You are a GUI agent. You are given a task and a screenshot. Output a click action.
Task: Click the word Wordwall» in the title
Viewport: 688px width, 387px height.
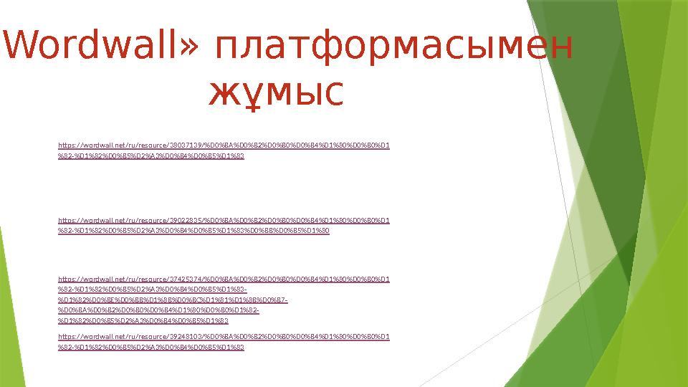(100, 47)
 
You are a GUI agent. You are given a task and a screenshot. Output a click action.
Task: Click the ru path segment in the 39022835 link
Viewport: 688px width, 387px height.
(132, 221)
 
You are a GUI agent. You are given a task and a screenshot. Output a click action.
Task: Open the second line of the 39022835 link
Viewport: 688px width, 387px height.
(193, 231)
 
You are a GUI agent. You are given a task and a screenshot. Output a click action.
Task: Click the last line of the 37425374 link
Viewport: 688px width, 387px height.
(143, 321)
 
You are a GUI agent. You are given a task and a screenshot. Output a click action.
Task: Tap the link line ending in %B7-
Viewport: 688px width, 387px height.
(173, 300)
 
